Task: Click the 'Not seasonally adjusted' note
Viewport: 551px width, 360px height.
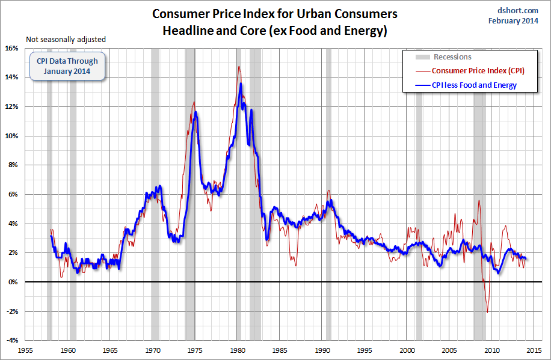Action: click(x=66, y=40)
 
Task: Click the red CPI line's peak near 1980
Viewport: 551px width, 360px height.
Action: click(x=239, y=66)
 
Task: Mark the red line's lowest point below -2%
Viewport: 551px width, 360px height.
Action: click(x=487, y=313)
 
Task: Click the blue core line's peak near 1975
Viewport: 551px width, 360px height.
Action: click(x=195, y=112)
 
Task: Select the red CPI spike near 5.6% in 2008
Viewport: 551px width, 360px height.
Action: click(x=479, y=200)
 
